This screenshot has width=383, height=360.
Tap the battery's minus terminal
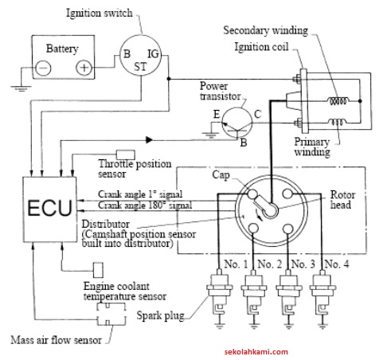click(42, 68)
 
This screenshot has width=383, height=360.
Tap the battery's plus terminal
click(84, 68)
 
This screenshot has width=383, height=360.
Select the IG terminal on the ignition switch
click(154, 54)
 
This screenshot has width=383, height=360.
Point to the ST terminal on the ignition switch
click(140, 65)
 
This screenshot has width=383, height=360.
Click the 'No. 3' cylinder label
click(303, 264)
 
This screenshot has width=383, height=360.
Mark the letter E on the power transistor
click(214, 114)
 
